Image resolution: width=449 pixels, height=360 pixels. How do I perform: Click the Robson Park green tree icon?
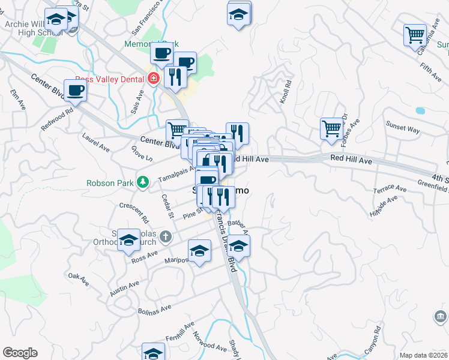pos(142,181)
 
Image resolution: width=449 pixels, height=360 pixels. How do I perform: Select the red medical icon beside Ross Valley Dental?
pos(153,79)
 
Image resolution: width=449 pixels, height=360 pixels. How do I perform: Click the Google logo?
pos(20,353)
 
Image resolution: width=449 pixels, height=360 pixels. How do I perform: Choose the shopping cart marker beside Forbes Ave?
pos(331,128)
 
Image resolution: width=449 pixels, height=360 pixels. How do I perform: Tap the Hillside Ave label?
pos(385,207)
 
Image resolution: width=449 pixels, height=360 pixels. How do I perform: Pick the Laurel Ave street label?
pos(96,142)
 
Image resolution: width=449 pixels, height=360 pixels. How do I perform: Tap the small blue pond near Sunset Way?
pos(420,110)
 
